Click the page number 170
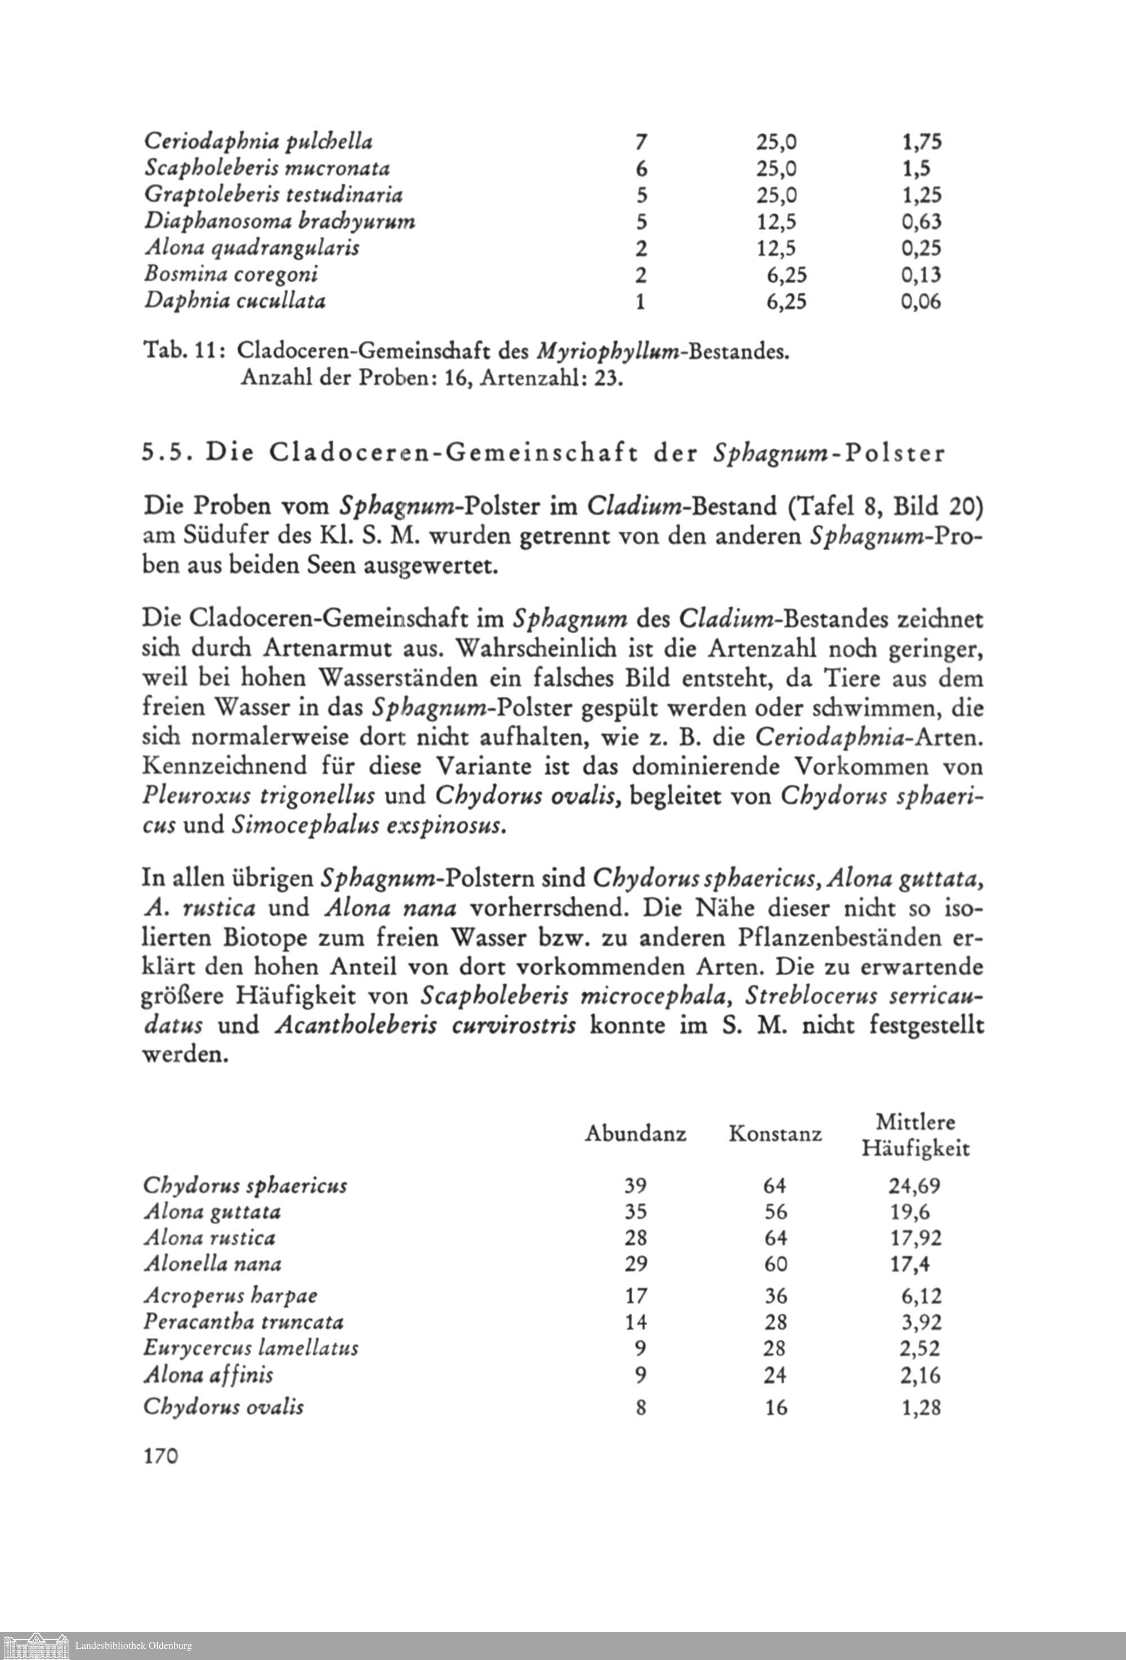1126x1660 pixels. point(160,1457)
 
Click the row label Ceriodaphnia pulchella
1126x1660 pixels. point(258,141)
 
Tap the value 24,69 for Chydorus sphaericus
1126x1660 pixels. point(915,1186)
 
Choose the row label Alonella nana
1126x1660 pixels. point(212,1263)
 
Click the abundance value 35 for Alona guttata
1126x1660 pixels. point(635,1212)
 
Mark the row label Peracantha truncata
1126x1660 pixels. point(243,1322)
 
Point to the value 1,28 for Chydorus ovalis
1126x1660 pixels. point(921,1407)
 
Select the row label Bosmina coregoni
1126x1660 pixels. point(231,275)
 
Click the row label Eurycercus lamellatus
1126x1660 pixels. point(251,1349)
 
